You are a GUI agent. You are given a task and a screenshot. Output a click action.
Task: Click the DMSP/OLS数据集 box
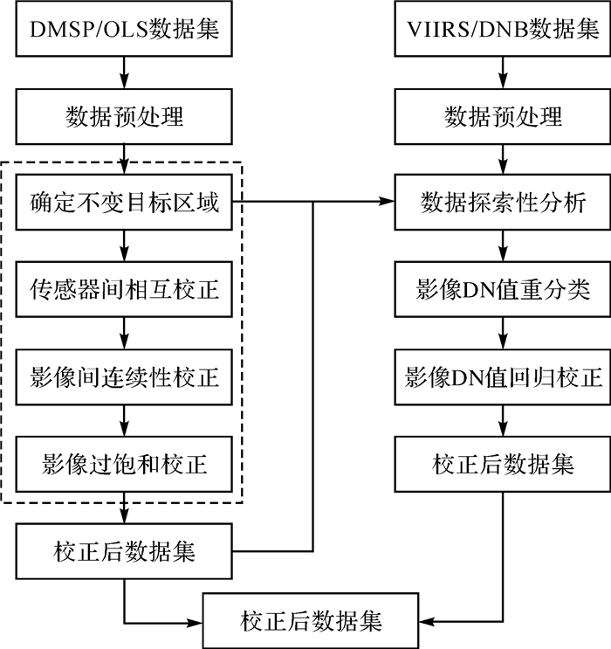(124, 30)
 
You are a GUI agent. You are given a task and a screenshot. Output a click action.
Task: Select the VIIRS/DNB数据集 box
(503, 30)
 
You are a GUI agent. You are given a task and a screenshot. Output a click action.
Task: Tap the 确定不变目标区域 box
(124, 204)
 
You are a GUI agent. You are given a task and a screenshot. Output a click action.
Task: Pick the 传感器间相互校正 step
(124, 291)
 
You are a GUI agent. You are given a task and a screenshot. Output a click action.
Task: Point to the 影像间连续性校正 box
(124, 377)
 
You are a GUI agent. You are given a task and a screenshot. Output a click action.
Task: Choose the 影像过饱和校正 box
(124, 463)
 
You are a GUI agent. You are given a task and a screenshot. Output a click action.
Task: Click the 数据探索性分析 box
(503, 204)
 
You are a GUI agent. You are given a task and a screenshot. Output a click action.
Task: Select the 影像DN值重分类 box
(503, 291)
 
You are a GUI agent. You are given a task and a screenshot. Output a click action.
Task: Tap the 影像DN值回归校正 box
(503, 377)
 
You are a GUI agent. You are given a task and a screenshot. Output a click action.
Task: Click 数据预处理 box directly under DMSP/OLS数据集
(124, 116)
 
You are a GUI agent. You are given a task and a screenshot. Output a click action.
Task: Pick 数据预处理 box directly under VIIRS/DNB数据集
(503, 116)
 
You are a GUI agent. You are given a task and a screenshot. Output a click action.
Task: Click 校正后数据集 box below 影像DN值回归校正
(503, 463)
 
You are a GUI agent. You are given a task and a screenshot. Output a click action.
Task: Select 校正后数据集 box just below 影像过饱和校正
(124, 551)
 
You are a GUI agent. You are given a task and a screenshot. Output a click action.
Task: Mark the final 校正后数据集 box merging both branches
(310, 622)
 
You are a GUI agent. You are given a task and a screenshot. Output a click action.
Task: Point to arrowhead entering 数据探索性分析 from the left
(387, 203)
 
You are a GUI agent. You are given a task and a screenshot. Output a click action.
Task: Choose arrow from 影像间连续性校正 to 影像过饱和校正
(124, 420)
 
